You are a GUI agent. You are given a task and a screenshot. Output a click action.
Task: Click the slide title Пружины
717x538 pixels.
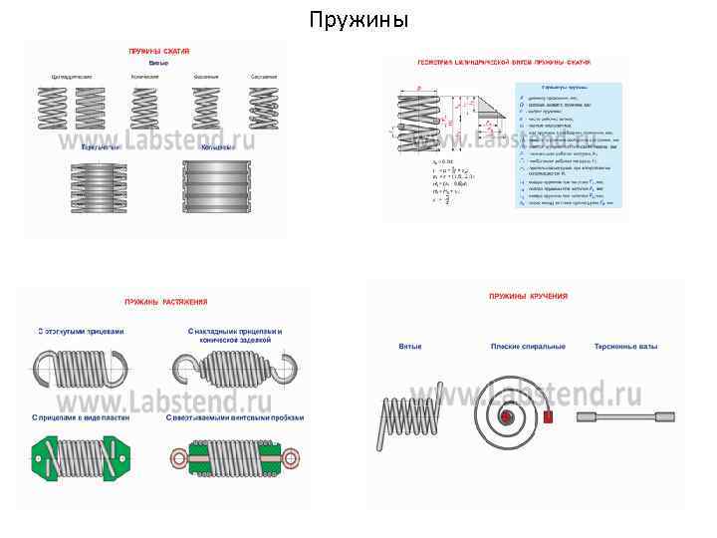coord(358,20)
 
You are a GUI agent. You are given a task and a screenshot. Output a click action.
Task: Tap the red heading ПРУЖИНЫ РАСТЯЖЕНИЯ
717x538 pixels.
coord(166,301)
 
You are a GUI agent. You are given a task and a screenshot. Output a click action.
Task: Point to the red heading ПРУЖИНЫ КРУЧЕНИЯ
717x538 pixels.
coord(528,297)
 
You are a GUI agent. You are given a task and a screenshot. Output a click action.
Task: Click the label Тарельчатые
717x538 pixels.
coord(102,147)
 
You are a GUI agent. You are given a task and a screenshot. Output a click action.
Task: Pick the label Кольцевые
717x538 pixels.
coord(218,147)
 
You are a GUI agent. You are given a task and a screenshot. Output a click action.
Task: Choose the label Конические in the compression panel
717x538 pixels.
coord(146,76)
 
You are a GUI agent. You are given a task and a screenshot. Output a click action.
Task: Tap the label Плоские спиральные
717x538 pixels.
coord(528,346)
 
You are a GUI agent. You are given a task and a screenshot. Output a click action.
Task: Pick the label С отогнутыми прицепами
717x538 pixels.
coord(82,332)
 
